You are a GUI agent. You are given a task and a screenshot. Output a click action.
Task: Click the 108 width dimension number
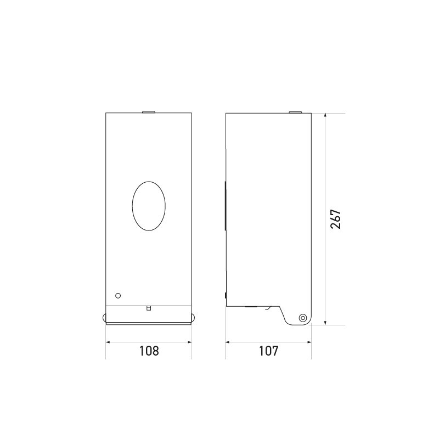pyautogui.click(x=149, y=351)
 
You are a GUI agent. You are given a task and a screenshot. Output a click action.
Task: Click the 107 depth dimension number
pyautogui.click(x=268, y=351)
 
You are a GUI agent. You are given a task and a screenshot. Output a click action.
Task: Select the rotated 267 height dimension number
pyautogui.click(x=336, y=218)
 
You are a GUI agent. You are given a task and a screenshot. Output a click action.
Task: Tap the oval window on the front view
pyautogui.click(x=149, y=206)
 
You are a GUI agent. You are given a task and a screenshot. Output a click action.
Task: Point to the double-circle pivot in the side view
pyautogui.click(x=302, y=318)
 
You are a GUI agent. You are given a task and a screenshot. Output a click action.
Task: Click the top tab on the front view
pyautogui.click(x=149, y=113)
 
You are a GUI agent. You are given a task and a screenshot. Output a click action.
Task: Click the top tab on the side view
pyautogui.click(x=295, y=113)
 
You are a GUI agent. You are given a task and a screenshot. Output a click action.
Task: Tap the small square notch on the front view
pyautogui.click(x=148, y=308)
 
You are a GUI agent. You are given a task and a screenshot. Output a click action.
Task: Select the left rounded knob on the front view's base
pyautogui.click(x=104, y=317)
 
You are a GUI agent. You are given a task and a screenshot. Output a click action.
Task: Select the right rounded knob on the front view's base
pyautogui.click(x=193, y=317)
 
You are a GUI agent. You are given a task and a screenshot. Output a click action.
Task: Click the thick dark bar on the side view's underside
pyautogui.click(x=251, y=307)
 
